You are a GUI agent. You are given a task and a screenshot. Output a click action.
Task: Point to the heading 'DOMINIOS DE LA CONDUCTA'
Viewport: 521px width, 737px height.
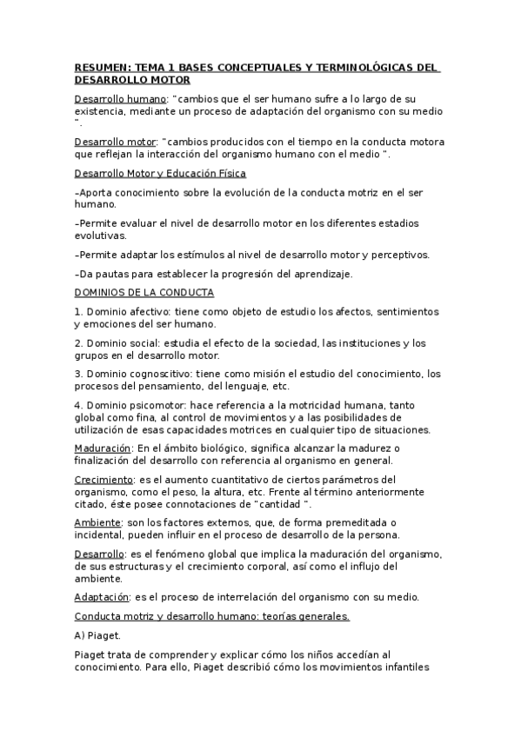[144, 293]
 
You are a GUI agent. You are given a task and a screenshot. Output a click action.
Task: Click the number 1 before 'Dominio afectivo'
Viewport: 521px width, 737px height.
[77, 311]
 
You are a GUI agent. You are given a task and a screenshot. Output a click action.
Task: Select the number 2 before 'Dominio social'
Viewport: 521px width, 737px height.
[77, 342]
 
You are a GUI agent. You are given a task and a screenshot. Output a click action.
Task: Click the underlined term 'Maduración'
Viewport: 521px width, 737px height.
[103, 448]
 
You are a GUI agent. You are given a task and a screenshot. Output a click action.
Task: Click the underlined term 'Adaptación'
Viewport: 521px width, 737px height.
[101, 596]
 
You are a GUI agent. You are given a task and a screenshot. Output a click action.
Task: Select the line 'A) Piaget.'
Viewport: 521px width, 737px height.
[98, 635]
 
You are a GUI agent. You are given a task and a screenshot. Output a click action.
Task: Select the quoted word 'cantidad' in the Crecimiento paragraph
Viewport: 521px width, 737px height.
[271, 504]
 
